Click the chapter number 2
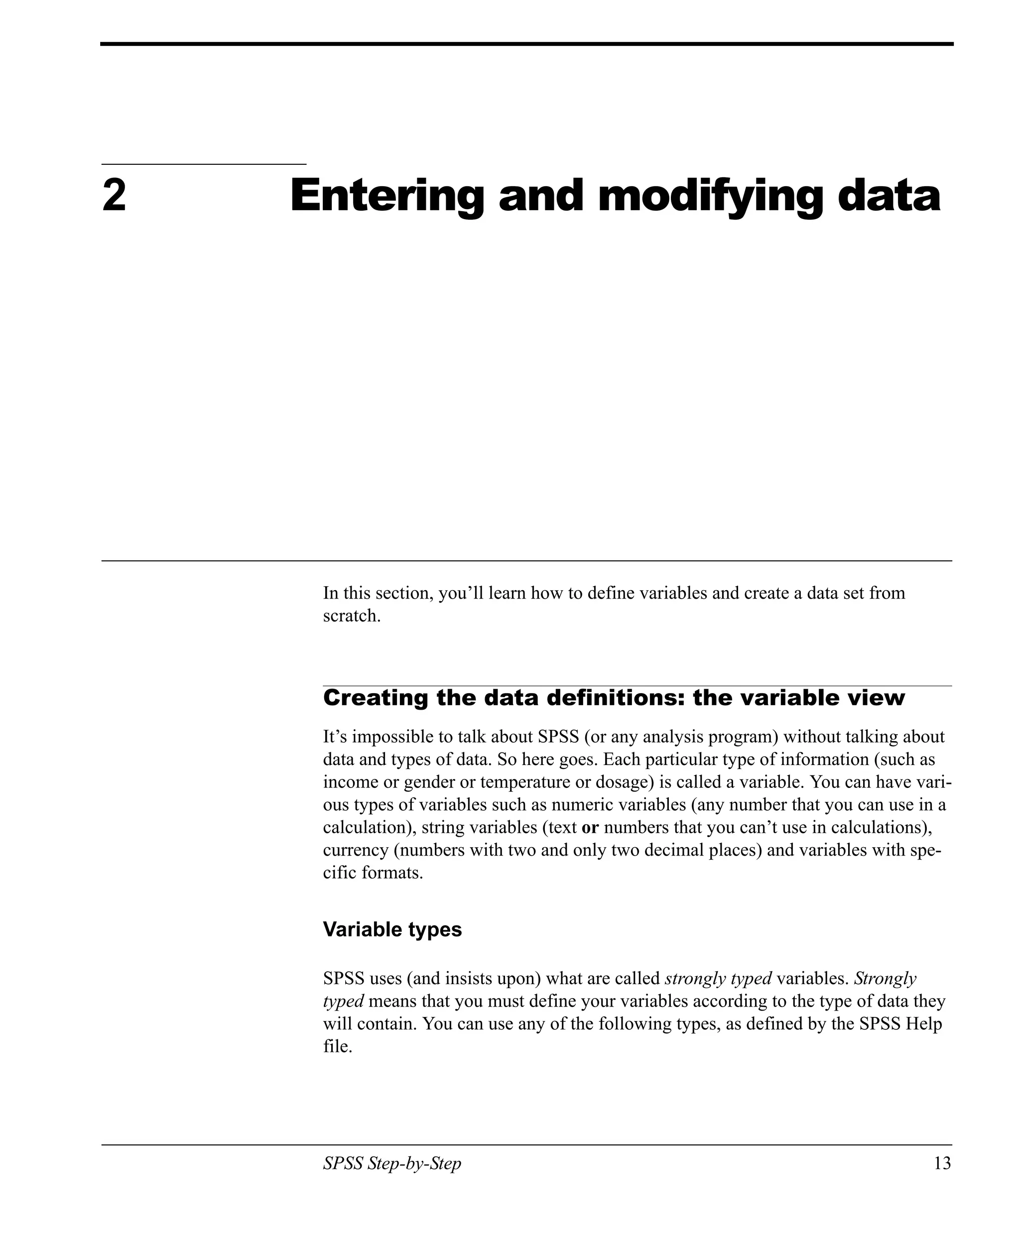pos(114,196)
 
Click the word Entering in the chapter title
pos(386,197)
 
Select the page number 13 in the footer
pos(942,1163)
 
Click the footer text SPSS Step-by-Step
pos(392,1163)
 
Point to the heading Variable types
pos(392,929)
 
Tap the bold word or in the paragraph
pos(589,827)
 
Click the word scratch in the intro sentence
pos(350,616)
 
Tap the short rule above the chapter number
pos(204,164)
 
